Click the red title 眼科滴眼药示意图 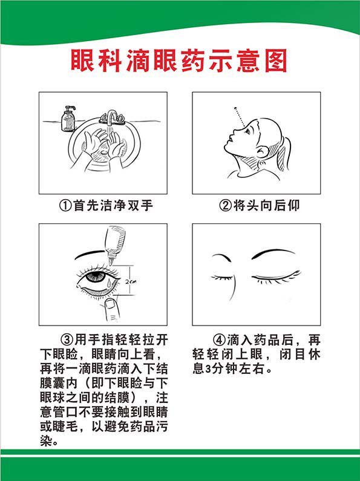click(179, 62)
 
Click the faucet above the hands click(111, 117)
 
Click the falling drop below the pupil click(108, 282)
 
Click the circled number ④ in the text click(219, 338)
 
